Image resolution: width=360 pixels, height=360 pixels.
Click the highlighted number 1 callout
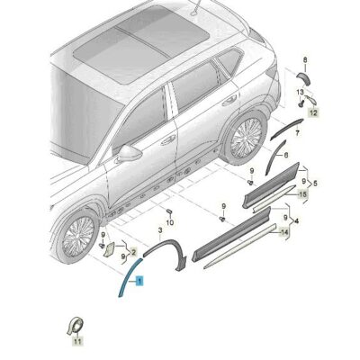pyautogui.click(x=139, y=283)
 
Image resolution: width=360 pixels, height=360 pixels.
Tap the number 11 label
pyautogui.click(x=77, y=342)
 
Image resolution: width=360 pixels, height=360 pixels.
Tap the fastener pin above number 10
pyautogui.click(x=169, y=211)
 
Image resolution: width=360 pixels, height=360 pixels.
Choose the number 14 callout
pyautogui.click(x=284, y=231)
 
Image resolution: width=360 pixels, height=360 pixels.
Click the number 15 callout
pyautogui.click(x=302, y=193)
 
